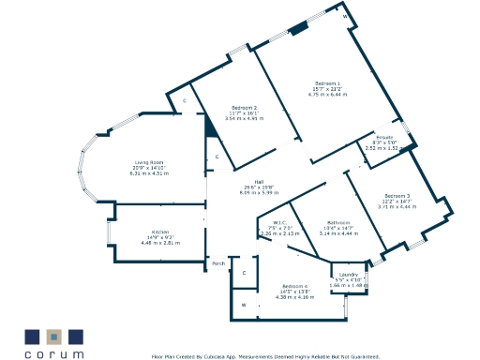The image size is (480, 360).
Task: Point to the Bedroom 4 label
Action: click(x=294, y=286)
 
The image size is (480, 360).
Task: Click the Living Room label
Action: click(x=145, y=162)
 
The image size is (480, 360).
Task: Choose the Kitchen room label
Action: click(x=159, y=232)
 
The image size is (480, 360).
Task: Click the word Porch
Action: click(x=218, y=263)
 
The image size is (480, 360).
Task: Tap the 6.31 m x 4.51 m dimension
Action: click(x=147, y=173)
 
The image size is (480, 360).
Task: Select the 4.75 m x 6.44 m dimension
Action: click(x=327, y=95)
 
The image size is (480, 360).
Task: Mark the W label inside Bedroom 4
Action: click(x=244, y=306)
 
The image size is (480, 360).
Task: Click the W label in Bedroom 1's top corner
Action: click(x=344, y=17)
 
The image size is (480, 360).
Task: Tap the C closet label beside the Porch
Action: click(x=245, y=273)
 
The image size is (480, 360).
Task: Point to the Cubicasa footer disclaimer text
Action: click(x=265, y=356)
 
